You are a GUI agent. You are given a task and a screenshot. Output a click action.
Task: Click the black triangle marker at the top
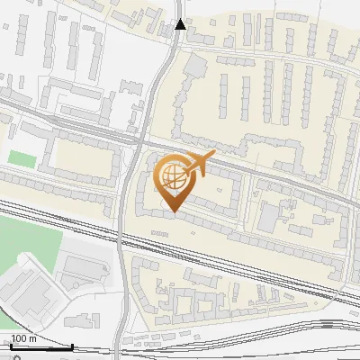pyautogui.click(x=180, y=24)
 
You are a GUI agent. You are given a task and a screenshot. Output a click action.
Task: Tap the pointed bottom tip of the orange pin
pyautogui.click(x=172, y=211)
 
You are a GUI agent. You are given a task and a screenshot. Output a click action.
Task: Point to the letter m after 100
pyautogui.click(x=33, y=338)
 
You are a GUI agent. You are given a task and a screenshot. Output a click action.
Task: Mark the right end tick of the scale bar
pyautogui.click(x=73, y=346)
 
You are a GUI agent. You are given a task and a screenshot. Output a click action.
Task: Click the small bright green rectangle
pyautogui.click(x=22, y=158)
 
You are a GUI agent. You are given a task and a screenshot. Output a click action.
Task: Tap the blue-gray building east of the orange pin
pyautogui.click(x=268, y=217)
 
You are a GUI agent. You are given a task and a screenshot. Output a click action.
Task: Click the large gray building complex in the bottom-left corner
pyautogui.click(x=27, y=288)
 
